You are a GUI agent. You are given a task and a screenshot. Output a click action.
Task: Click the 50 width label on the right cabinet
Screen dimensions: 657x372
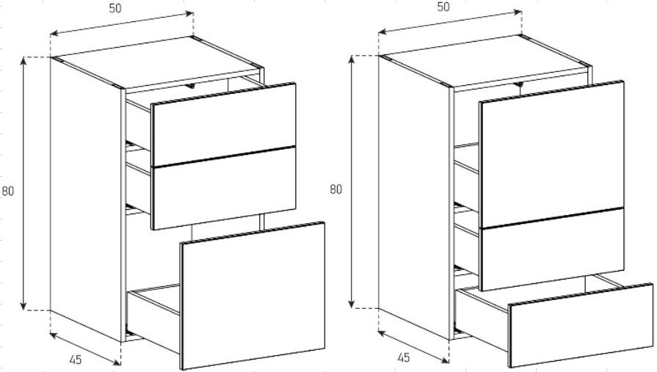(443, 7)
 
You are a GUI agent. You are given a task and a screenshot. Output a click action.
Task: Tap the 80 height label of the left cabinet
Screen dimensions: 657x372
(8, 191)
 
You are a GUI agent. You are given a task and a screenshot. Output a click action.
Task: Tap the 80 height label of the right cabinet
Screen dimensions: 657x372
(335, 189)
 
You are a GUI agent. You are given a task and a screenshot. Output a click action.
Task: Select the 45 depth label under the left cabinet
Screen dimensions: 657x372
(76, 359)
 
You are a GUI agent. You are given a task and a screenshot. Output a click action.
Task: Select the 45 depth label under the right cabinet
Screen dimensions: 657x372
(403, 357)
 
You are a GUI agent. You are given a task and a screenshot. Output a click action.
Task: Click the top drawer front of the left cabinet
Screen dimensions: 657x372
(224, 125)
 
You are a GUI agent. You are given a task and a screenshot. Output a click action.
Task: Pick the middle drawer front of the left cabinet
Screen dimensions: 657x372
(224, 188)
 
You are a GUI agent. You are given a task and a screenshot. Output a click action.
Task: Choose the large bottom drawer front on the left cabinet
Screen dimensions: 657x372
(253, 296)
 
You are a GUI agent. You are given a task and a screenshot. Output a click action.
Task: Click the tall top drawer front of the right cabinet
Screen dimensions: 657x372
(551, 154)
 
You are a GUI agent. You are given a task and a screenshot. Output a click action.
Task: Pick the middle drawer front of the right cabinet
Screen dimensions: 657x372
(552, 249)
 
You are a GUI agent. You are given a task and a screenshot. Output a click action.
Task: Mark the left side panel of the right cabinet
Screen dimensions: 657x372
(415, 197)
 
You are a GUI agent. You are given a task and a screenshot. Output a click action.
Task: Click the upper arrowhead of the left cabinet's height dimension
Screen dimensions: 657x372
(23, 61)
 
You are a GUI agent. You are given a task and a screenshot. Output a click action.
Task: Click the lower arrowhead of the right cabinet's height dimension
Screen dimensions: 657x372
(352, 304)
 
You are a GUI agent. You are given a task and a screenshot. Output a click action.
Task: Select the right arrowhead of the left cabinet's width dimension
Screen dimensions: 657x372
(189, 13)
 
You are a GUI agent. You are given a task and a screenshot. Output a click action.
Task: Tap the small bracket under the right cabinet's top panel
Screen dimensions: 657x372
(520, 84)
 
